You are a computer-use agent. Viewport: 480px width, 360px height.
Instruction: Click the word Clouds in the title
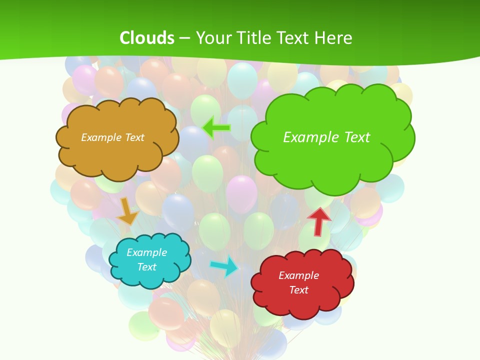[x=147, y=37]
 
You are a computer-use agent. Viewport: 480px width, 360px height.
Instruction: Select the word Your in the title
[x=213, y=37]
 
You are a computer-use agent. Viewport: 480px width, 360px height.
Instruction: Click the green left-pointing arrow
[x=217, y=128]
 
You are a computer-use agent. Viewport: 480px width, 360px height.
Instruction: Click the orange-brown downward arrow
[x=128, y=211]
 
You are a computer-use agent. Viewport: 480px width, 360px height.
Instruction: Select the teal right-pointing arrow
[x=224, y=266]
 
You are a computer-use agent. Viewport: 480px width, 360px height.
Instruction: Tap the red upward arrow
[x=319, y=221]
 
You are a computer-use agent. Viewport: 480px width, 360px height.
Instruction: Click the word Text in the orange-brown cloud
[x=134, y=137]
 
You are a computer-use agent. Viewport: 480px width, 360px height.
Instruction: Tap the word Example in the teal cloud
[x=146, y=252]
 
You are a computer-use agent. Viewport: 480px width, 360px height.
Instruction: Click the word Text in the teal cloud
[x=146, y=267]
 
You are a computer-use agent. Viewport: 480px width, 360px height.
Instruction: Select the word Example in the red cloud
[x=298, y=275]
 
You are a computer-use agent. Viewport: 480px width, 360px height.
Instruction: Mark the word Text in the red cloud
[x=298, y=290]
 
